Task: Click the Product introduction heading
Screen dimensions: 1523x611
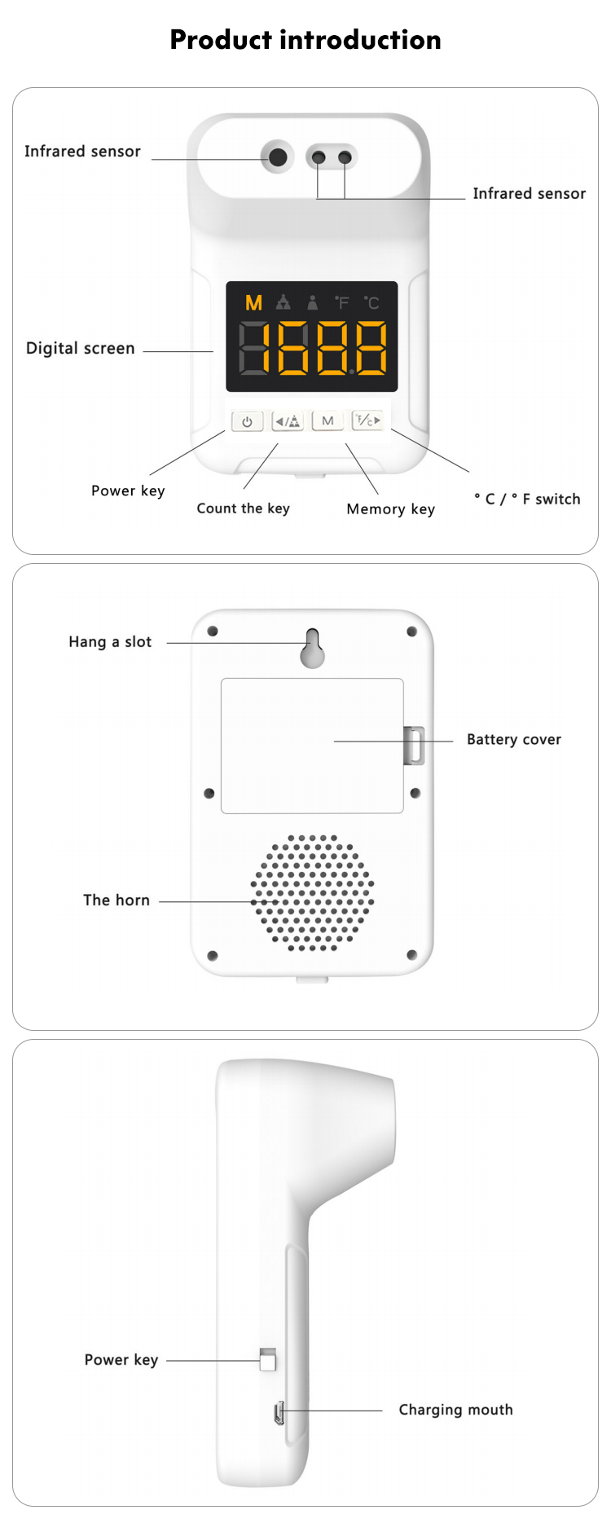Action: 305,40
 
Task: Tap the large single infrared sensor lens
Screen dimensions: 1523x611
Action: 278,156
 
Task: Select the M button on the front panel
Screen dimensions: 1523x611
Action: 327,420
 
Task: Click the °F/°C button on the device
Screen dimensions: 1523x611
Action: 367,420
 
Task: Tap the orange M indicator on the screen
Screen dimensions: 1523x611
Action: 254,303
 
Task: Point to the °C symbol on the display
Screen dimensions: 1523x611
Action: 371,303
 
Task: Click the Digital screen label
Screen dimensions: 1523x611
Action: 80,348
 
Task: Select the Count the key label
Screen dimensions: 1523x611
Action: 243,508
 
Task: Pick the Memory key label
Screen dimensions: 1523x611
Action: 390,509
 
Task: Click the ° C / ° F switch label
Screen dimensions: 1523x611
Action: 527,499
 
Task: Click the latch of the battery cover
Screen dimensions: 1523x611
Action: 415,745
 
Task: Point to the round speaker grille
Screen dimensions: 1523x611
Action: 312,892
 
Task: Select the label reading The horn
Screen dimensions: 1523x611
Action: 116,900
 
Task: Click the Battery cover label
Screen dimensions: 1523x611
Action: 513,740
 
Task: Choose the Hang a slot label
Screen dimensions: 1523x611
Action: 110,642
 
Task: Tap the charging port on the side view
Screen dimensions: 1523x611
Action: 279,1413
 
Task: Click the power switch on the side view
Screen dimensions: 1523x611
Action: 267,1359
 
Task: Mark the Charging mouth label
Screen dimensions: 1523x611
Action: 455,1410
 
